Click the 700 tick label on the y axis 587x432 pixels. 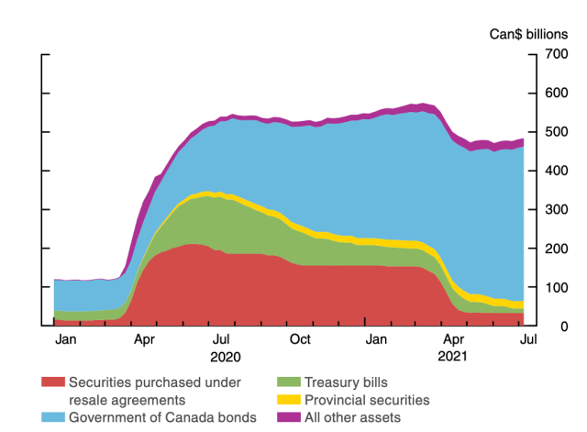coord(559,54)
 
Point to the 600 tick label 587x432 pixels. coord(559,94)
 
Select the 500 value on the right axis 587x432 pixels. coord(559,132)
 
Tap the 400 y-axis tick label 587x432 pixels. coord(559,171)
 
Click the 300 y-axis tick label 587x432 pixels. coord(559,210)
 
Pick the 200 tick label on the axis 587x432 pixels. coord(559,249)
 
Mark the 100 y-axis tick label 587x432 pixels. coord(559,287)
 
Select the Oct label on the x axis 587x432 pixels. coord(300,341)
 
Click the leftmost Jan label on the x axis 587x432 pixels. coord(66,341)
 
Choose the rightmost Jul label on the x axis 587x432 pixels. coord(528,341)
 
